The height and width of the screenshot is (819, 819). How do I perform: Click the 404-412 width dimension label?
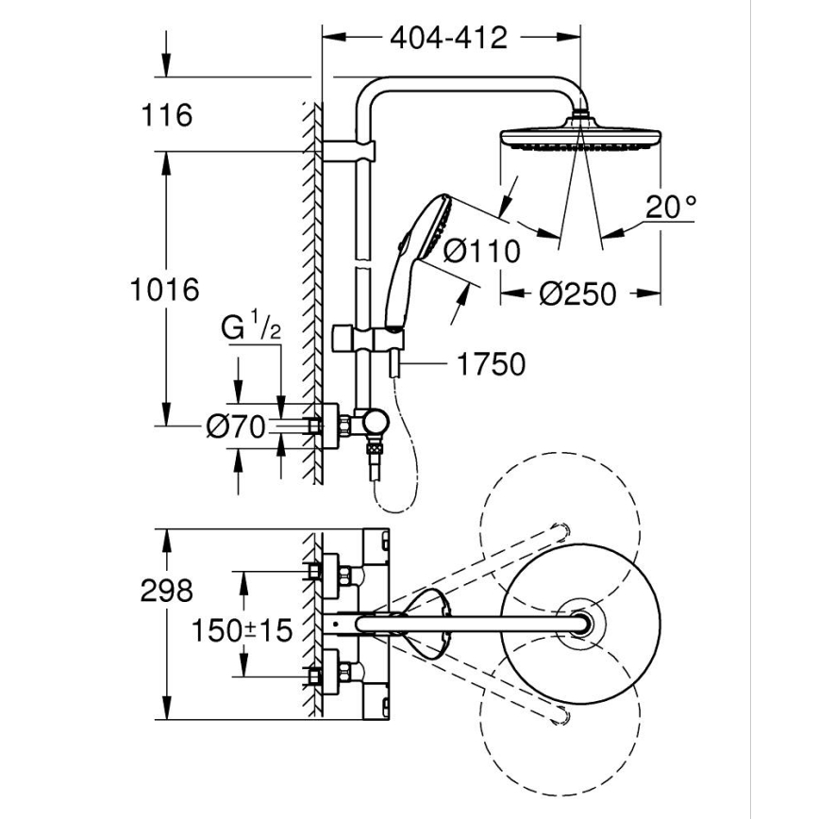point(448,38)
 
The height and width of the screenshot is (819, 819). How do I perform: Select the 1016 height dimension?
point(164,289)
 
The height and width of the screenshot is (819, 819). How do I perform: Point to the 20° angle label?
point(671,206)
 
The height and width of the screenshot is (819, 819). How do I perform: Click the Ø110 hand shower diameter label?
point(481,251)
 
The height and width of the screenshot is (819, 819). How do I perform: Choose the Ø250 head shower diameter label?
point(577,293)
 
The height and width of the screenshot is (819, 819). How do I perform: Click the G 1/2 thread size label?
point(251,328)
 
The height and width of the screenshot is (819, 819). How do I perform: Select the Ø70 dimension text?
point(237,427)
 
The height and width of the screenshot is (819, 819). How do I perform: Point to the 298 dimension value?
point(166,591)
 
